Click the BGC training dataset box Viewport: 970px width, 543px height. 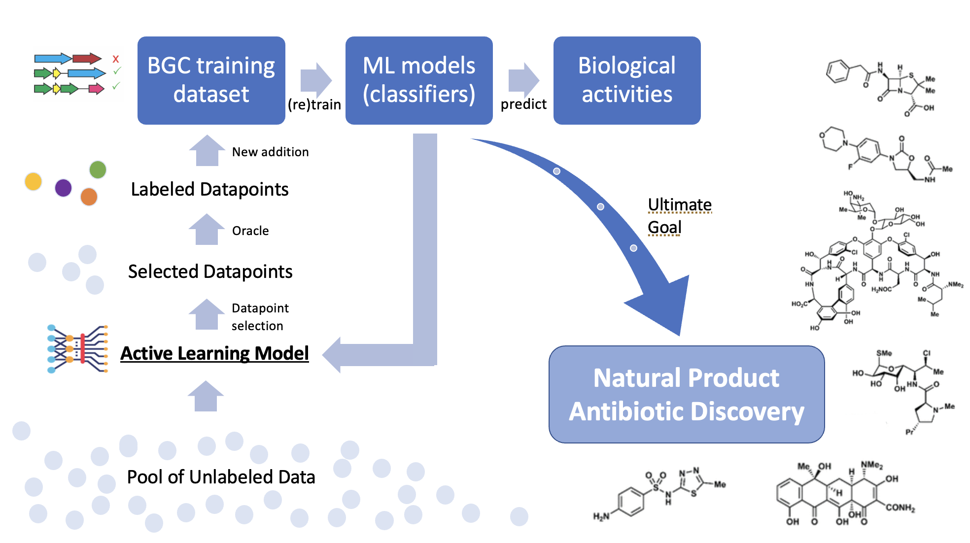tap(211, 80)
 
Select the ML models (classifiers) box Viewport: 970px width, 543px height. tap(419, 80)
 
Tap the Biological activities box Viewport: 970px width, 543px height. tap(626, 80)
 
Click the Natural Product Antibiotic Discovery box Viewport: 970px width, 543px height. tap(686, 394)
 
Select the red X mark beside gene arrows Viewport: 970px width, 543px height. tap(116, 59)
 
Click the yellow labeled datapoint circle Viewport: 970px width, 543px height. tap(33, 181)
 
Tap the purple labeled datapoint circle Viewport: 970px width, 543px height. tap(64, 188)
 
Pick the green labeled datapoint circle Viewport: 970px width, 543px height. tap(98, 170)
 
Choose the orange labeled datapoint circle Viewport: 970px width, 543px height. tap(89, 197)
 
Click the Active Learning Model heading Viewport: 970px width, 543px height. tap(214, 353)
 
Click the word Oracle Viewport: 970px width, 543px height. tap(250, 231)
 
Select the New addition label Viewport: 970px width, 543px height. tap(270, 152)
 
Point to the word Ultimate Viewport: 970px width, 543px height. tap(679, 204)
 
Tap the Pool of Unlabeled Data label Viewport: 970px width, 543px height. tap(221, 477)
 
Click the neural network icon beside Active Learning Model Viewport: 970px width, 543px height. tap(77, 349)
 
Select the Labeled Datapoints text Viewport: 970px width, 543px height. tap(209, 189)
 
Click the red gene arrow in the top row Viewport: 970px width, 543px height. tap(87, 59)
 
